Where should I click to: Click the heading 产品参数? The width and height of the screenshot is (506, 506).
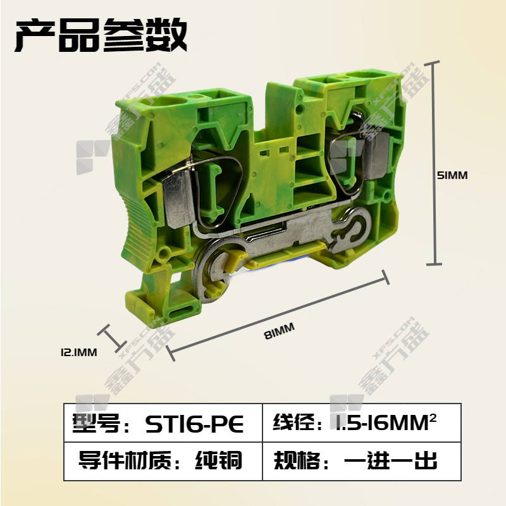pos(101,35)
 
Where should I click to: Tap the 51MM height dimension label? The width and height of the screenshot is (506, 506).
pos(452,176)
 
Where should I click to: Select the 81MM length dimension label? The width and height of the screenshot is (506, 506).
pos(280,331)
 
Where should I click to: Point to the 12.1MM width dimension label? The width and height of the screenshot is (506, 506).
pos(78,352)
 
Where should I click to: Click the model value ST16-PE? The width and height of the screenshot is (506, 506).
pos(195,424)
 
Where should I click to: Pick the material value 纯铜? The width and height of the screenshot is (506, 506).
pos(218,460)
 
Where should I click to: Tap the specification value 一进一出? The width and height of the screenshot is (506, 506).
pos(391,460)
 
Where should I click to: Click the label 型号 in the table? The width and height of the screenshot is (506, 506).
pos(96,423)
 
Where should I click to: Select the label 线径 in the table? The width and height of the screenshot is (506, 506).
pos(293,422)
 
